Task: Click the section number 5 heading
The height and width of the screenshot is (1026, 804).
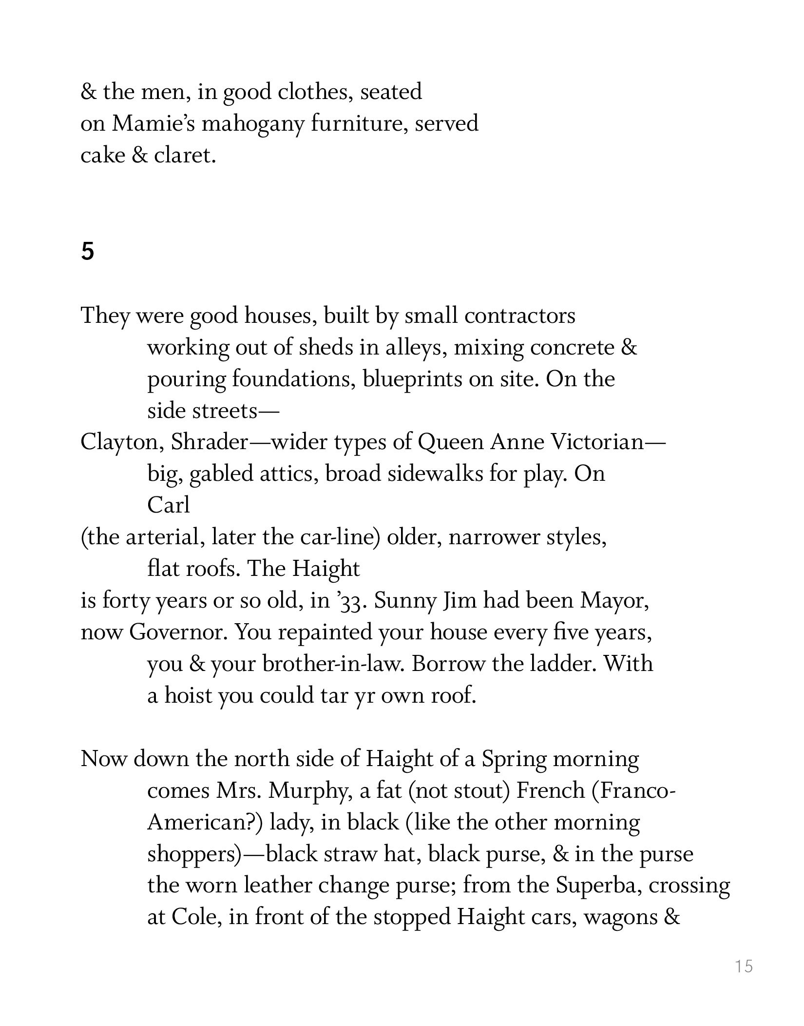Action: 87,252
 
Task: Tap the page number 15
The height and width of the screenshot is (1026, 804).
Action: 744,966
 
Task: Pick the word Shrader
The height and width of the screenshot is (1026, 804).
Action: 210,442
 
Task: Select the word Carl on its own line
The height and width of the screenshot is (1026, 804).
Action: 169,506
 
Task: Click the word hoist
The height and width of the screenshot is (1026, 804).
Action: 188,696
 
